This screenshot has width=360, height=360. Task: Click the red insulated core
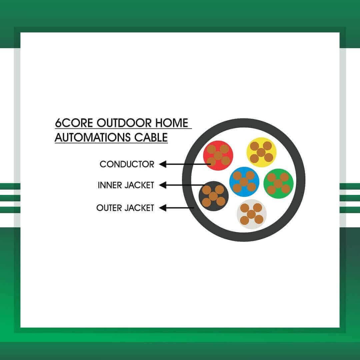218,155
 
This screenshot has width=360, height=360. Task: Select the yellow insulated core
261,152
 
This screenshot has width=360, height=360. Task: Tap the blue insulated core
244,182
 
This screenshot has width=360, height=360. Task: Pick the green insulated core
278,183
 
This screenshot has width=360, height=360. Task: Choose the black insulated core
214,196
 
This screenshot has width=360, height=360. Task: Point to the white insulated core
252,214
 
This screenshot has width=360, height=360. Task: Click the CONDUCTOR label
127,164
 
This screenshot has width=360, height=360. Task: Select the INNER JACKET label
126,185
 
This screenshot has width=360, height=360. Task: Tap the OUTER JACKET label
125,208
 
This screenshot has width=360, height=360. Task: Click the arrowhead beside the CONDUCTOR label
163,164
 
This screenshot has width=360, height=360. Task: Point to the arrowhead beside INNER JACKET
163,185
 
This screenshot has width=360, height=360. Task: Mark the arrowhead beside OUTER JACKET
163,208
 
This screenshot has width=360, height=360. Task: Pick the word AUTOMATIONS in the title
92,137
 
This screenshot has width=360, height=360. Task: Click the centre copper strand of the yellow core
261,152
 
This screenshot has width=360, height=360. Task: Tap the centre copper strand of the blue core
244,182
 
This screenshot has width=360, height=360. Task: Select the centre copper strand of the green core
278,184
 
